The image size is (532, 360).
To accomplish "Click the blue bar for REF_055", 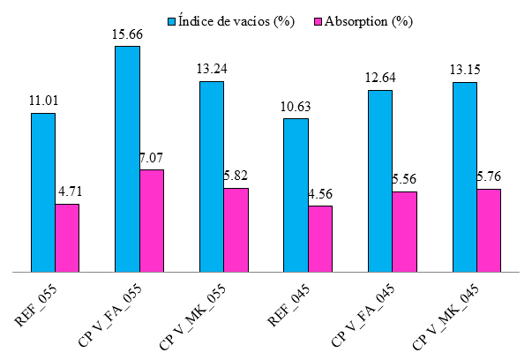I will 43,192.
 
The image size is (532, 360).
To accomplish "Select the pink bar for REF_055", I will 67,237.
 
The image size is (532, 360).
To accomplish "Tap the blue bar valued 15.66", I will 128,159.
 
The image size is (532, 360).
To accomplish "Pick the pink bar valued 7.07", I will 152,221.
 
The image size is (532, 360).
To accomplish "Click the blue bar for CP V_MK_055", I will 212,176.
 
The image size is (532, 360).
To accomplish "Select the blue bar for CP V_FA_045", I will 380,181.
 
